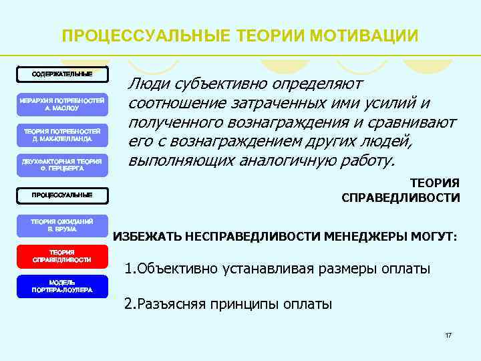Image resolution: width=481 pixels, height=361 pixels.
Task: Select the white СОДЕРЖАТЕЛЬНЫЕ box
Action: [63, 73]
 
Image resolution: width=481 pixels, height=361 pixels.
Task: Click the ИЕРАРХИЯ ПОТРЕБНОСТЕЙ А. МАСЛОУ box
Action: [61, 103]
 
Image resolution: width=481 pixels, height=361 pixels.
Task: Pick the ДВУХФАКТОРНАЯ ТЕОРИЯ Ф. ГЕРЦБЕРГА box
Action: [62, 164]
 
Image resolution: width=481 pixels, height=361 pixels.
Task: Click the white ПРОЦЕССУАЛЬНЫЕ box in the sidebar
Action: [62, 195]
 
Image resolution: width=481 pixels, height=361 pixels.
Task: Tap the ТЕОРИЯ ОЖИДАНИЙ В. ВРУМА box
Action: [62, 225]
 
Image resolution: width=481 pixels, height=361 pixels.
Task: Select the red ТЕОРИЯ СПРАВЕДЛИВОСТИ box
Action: [62, 255]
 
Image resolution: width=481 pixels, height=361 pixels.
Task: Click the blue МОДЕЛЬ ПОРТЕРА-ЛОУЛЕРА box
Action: [62, 286]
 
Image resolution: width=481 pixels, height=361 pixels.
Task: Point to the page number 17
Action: [448, 334]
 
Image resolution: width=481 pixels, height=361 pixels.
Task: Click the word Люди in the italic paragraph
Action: [148, 84]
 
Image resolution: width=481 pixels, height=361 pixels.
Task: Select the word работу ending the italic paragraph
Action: [369, 162]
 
